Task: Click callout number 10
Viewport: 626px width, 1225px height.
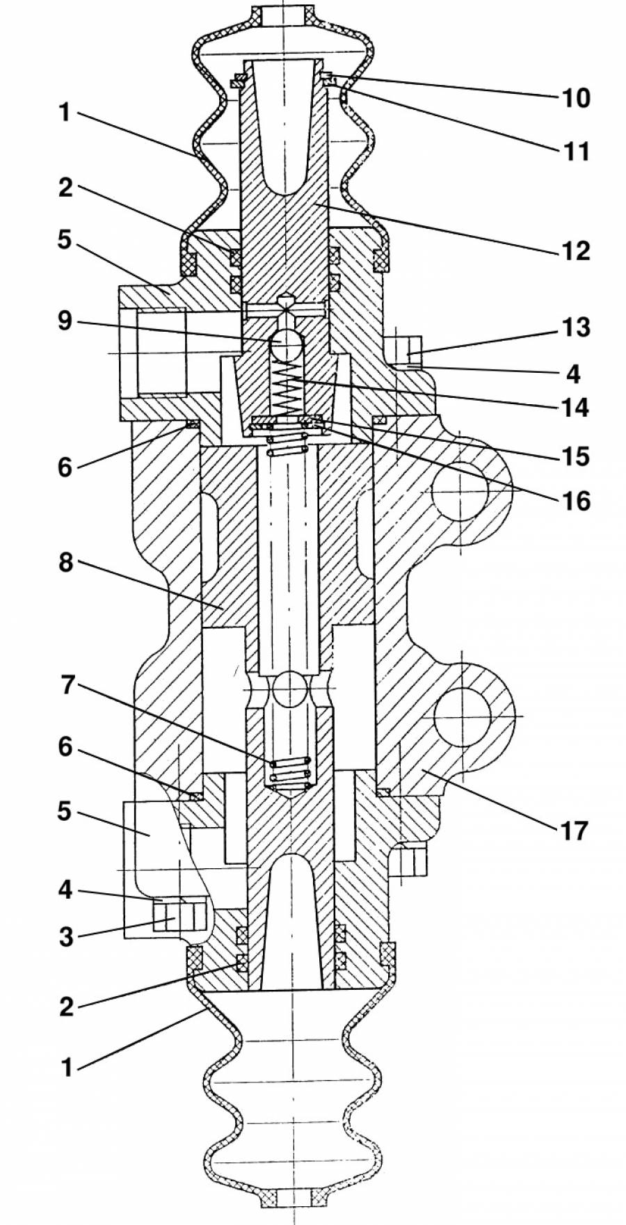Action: click(x=576, y=97)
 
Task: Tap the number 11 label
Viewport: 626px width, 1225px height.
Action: click(x=576, y=150)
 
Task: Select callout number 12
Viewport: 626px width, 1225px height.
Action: click(x=576, y=250)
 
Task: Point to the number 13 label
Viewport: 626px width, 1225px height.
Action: click(x=576, y=326)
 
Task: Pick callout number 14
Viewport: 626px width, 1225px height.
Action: click(x=576, y=406)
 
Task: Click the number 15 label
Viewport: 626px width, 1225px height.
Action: click(x=576, y=456)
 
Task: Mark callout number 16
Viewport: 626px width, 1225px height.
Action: click(x=576, y=500)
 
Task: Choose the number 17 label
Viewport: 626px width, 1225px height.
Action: click(x=575, y=830)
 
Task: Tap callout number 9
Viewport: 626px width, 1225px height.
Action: click(x=65, y=321)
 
